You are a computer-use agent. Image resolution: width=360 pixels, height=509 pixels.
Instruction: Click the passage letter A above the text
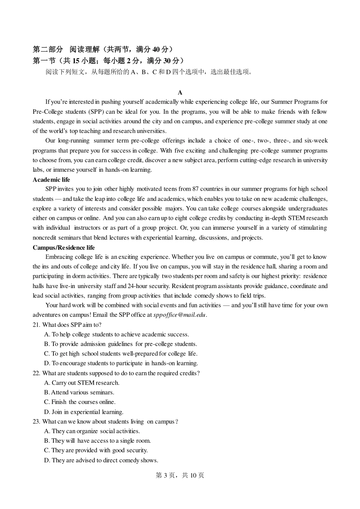pyautogui.click(x=180, y=92)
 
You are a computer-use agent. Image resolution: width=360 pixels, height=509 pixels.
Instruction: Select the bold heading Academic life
pyautogui.click(x=51, y=180)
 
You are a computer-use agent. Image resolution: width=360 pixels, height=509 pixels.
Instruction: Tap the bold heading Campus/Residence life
pyautogui.click(x=64, y=247)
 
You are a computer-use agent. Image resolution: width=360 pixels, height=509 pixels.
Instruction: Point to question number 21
pyautogui.click(x=36, y=325)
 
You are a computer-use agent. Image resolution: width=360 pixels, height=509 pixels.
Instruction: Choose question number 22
pyautogui.click(x=36, y=373)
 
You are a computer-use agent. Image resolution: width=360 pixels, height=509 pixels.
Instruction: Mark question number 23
pyautogui.click(x=36, y=421)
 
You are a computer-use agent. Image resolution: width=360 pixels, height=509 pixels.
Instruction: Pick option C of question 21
pyautogui.click(x=121, y=354)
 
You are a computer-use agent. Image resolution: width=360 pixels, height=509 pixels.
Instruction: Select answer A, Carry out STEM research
pyautogui.click(x=81, y=383)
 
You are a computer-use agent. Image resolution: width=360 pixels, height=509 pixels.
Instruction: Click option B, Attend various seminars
pyautogui.click(x=79, y=393)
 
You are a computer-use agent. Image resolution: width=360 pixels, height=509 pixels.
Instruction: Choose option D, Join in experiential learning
pyautogui.click(x=83, y=412)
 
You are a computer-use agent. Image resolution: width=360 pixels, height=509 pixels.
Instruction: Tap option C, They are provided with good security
pyautogui.click(x=95, y=450)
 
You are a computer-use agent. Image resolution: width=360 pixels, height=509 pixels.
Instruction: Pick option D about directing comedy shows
pyautogui.click(x=101, y=460)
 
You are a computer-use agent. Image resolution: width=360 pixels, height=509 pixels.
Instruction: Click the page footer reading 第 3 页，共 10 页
pyautogui.click(x=180, y=475)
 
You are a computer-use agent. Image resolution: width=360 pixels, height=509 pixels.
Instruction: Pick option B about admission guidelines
pyautogui.click(x=121, y=344)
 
